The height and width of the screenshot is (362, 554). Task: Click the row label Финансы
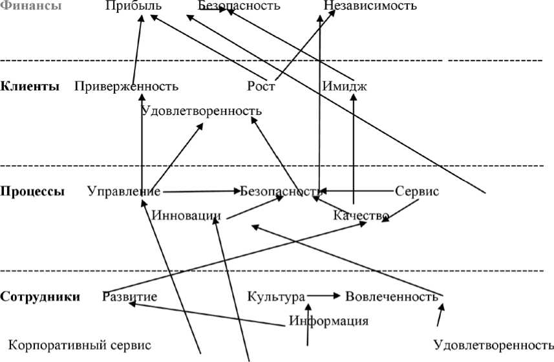click(32, 6)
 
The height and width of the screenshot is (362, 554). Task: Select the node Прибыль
click(133, 6)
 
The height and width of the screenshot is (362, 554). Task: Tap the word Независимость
click(370, 6)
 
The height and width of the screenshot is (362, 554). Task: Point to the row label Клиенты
click(30, 86)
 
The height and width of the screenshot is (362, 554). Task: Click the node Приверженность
click(126, 86)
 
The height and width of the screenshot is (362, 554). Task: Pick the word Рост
click(261, 86)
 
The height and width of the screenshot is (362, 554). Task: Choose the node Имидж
click(344, 86)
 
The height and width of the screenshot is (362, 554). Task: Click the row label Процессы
click(32, 191)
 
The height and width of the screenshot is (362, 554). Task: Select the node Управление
click(123, 191)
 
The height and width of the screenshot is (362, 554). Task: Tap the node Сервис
click(417, 191)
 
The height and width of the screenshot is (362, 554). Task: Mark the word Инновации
click(186, 215)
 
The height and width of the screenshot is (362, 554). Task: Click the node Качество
click(361, 215)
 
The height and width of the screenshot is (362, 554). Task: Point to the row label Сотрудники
click(40, 297)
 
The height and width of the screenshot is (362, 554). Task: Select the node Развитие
click(130, 297)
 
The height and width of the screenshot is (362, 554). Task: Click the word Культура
click(276, 297)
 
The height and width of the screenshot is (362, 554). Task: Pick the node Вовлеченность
click(392, 297)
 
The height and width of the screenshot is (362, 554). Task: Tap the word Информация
click(328, 321)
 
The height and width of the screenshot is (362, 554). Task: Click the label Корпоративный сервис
click(80, 345)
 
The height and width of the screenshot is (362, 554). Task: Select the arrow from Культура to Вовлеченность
click(325, 296)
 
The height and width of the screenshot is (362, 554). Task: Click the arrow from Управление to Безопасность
click(200, 191)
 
